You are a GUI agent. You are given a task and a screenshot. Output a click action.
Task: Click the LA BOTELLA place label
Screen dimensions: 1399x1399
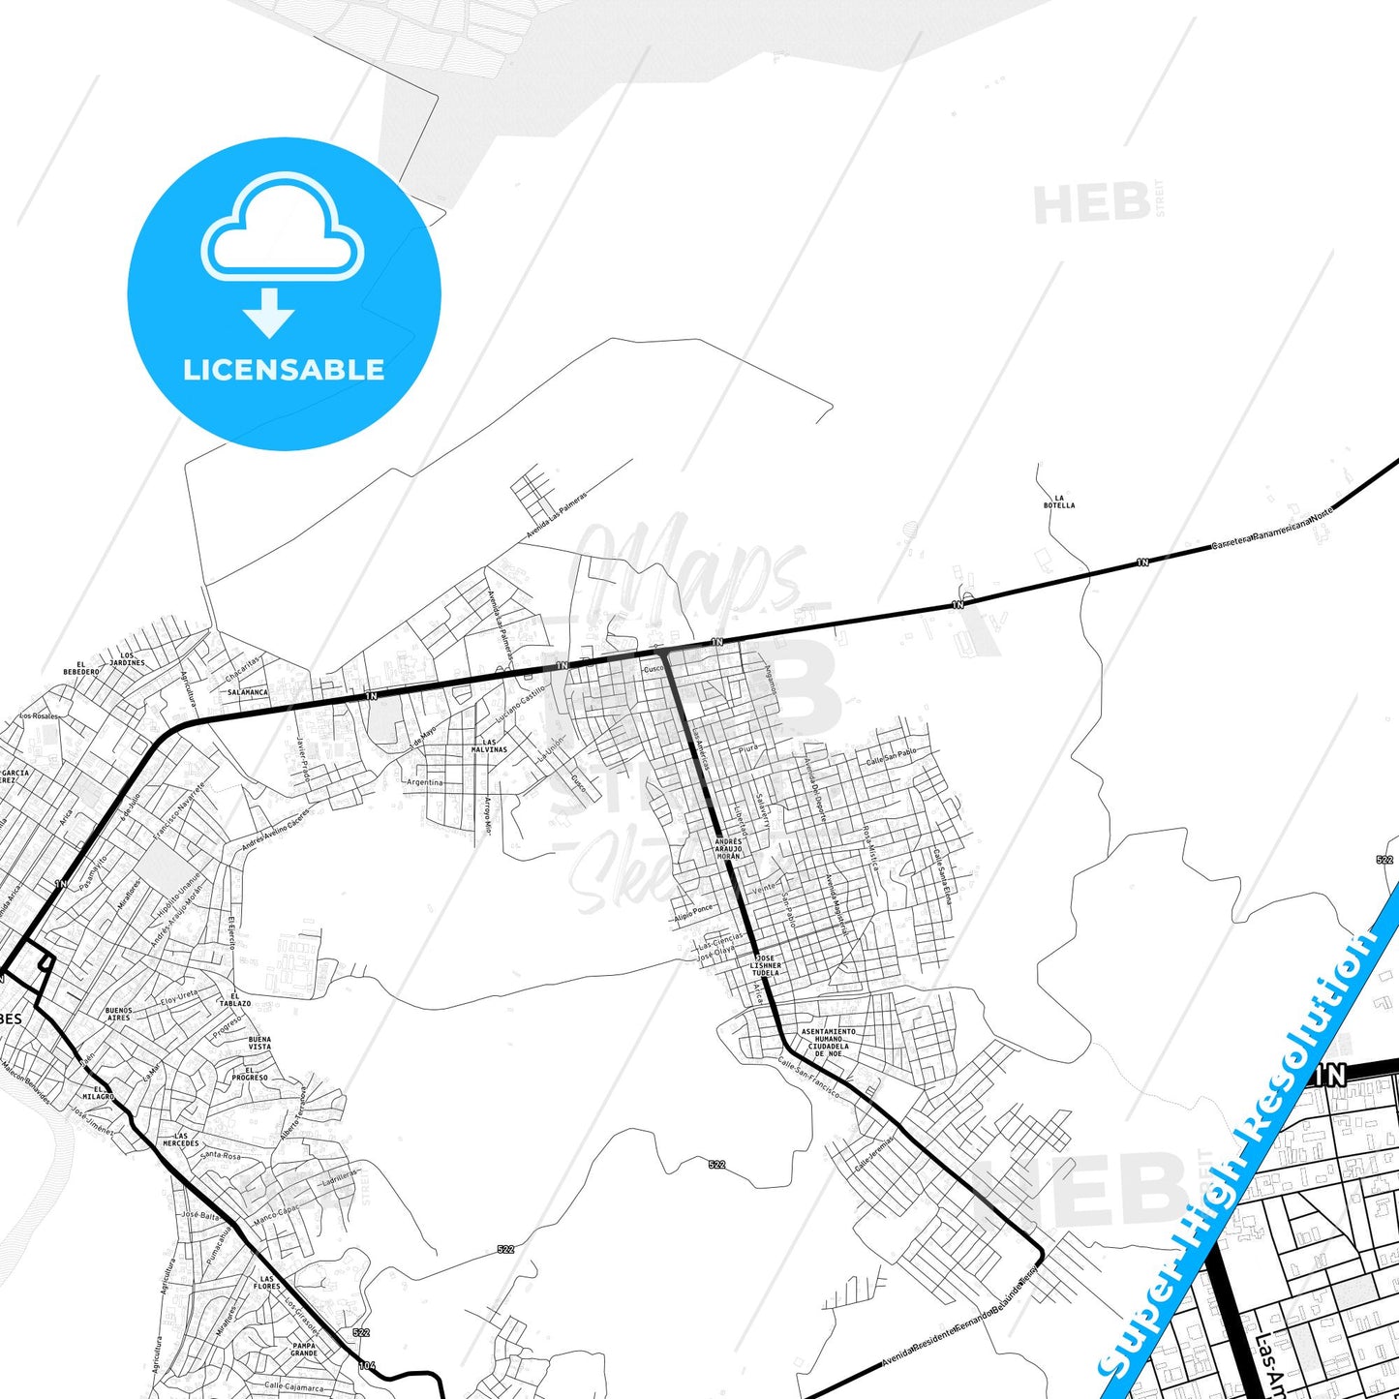(x=1058, y=502)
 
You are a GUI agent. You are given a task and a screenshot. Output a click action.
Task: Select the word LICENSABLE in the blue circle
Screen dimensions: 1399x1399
(x=284, y=370)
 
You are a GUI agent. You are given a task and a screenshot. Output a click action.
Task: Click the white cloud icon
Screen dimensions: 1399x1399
(x=282, y=228)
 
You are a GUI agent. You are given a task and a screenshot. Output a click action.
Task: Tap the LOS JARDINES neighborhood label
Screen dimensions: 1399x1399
(x=127, y=659)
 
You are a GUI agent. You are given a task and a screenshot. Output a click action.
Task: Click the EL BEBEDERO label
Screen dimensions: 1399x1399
(x=81, y=668)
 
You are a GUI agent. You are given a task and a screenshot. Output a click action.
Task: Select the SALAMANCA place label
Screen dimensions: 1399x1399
(x=248, y=692)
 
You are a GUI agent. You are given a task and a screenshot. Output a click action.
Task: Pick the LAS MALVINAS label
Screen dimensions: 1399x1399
(x=489, y=745)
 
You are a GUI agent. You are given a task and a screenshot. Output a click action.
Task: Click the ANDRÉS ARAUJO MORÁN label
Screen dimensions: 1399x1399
(x=728, y=849)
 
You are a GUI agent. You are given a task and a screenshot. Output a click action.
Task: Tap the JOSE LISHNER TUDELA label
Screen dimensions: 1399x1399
(x=765, y=965)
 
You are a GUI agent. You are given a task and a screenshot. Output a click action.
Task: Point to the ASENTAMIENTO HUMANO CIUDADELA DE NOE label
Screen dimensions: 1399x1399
(x=828, y=1042)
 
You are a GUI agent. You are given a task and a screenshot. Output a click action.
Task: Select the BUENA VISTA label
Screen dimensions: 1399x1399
(x=259, y=1043)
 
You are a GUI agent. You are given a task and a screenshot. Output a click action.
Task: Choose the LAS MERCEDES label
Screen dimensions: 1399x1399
(x=180, y=1139)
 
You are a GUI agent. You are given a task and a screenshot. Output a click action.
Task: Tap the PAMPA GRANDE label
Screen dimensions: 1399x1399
(x=304, y=1349)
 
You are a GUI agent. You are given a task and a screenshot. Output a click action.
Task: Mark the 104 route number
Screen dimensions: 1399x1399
(x=366, y=1365)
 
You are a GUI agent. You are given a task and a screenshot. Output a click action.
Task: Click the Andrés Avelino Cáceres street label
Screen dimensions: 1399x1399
(x=275, y=830)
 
